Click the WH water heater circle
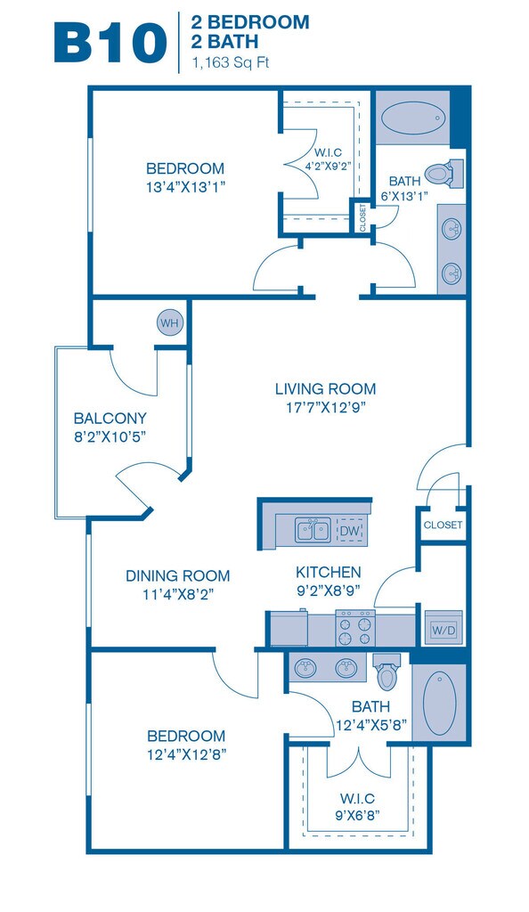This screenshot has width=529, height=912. pos(170,322)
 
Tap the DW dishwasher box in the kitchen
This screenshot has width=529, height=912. pos(350,531)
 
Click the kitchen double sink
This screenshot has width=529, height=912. pos(313,530)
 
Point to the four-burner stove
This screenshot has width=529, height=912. pos(355,628)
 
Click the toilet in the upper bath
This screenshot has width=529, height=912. pos(444,174)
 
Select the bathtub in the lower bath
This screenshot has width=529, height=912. pos(439,703)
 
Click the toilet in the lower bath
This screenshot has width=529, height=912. pos(387,672)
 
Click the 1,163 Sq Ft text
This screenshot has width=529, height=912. pos(231,63)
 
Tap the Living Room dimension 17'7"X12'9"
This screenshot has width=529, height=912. pos(326,407)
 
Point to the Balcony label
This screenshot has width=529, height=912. pos(110,419)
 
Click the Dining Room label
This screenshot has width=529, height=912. pos(178,576)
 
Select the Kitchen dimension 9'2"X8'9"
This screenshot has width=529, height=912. pos(329,590)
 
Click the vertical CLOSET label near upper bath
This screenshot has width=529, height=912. pos(362,217)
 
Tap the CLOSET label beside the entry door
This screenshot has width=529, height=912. pos(443,525)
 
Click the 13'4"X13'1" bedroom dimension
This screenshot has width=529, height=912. pos(185,187)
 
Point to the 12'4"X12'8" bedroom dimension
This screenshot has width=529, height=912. pos(186,754)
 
